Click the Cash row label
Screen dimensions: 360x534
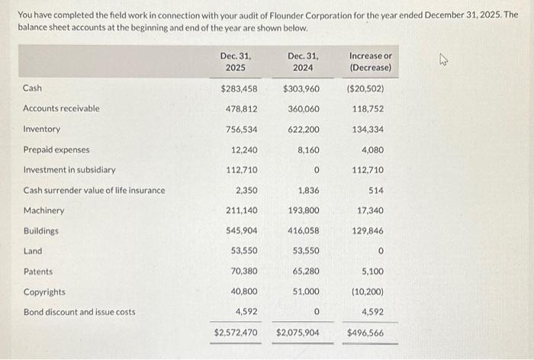coord(33,88)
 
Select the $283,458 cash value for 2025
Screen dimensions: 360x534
coord(238,88)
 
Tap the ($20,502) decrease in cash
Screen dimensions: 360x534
coord(370,88)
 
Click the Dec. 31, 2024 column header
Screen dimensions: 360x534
coord(303,61)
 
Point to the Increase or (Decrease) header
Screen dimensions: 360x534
coord(370,61)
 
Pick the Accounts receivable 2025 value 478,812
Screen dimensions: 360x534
coord(241,109)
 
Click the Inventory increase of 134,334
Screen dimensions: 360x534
coord(368,130)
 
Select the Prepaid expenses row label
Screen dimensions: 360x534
coord(56,150)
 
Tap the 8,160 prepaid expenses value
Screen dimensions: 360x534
coord(308,150)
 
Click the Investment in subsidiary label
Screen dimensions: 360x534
coord(69,170)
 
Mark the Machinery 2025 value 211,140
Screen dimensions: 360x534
coord(241,211)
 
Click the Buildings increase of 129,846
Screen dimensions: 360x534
coord(368,231)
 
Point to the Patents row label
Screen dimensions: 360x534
coord(38,272)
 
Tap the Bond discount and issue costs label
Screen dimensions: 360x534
coord(79,312)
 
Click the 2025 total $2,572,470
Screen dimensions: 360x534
coord(236,333)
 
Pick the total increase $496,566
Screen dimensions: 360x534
coord(365,333)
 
